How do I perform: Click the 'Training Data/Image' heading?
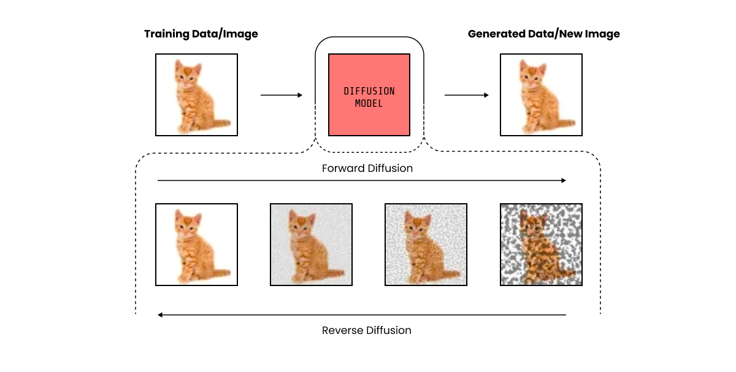pyautogui.click(x=201, y=34)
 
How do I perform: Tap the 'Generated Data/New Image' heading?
pyautogui.click(x=543, y=34)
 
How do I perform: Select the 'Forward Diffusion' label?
pyautogui.click(x=367, y=168)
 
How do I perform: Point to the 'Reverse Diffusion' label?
pyautogui.click(x=366, y=330)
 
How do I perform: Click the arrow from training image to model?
pyautogui.click(x=282, y=95)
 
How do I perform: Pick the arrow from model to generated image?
pyautogui.click(x=466, y=95)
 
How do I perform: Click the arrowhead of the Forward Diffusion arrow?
pyautogui.click(x=562, y=180)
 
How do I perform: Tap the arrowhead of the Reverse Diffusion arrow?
pyautogui.click(x=161, y=315)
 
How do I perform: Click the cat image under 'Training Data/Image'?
pyautogui.click(x=196, y=95)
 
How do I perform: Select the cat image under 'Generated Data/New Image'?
pyautogui.click(x=541, y=95)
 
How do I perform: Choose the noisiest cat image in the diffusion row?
pyautogui.click(x=541, y=244)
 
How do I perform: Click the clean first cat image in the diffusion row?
pyautogui.click(x=196, y=244)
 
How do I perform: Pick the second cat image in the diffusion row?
pyautogui.click(x=311, y=244)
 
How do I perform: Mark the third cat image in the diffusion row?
pyautogui.click(x=426, y=244)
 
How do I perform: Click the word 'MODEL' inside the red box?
pyautogui.click(x=369, y=104)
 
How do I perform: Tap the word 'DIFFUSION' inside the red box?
pyautogui.click(x=369, y=91)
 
